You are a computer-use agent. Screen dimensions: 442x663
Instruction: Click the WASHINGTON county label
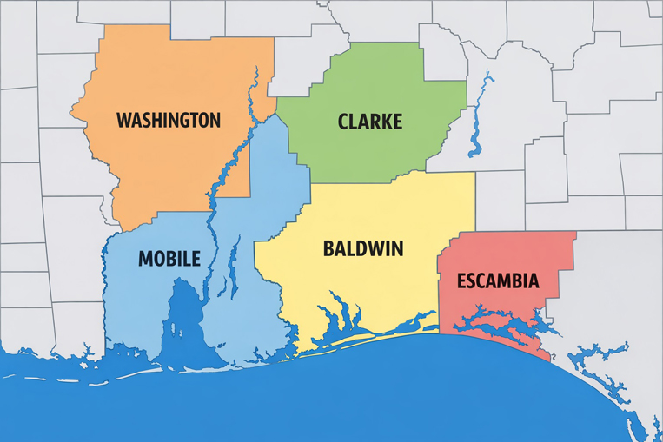169,120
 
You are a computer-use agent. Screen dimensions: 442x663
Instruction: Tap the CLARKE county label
369,122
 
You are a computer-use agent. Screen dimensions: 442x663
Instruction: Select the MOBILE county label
169,258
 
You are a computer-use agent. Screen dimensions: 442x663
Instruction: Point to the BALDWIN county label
362,248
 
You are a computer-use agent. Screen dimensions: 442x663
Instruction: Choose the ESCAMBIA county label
498,280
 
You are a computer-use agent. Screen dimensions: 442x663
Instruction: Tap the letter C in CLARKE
343,122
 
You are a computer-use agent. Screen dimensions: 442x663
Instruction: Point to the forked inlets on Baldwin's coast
339,317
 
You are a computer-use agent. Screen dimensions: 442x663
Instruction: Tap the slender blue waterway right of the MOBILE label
233,269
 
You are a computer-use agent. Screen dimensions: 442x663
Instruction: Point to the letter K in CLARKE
384,122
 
